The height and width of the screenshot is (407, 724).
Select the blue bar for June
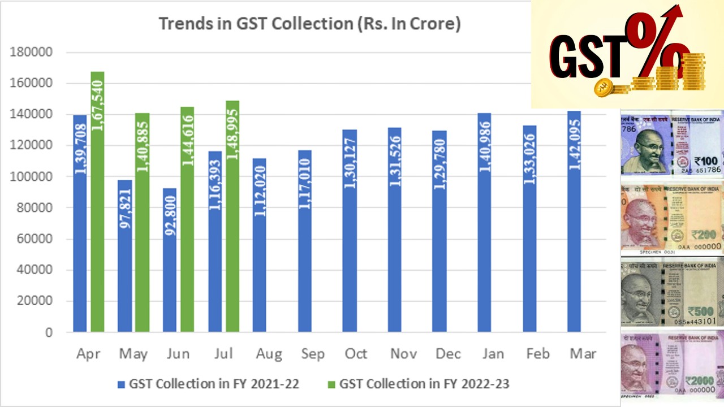170,260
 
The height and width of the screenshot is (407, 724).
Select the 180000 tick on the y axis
32,53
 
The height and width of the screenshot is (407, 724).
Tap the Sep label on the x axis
312,354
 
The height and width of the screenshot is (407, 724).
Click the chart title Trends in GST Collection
309,24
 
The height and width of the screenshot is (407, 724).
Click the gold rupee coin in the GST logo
604,86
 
